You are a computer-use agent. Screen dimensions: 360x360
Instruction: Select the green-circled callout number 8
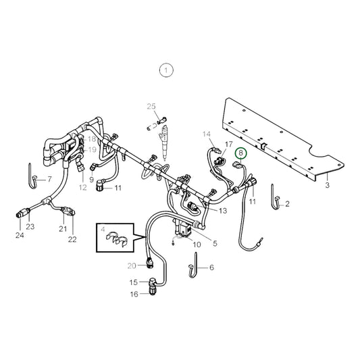[x=240, y=154]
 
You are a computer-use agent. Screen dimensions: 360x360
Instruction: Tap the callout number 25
[x=152, y=106]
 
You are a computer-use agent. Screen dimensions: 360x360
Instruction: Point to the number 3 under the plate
[x=328, y=184]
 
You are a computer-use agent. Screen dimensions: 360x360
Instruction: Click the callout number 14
[x=207, y=134]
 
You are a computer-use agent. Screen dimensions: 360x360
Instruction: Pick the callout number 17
[x=229, y=145]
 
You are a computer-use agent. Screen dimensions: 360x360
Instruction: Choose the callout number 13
[x=222, y=211]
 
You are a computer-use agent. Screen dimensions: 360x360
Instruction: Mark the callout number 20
[x=132, y=265]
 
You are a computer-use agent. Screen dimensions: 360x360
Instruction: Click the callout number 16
[x=134, y=294]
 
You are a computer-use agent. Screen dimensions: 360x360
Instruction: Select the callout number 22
[x=72, y=240]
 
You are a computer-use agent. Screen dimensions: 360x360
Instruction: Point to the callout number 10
[x=197, y=244]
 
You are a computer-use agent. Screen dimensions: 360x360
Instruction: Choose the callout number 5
[x=215, y=243]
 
